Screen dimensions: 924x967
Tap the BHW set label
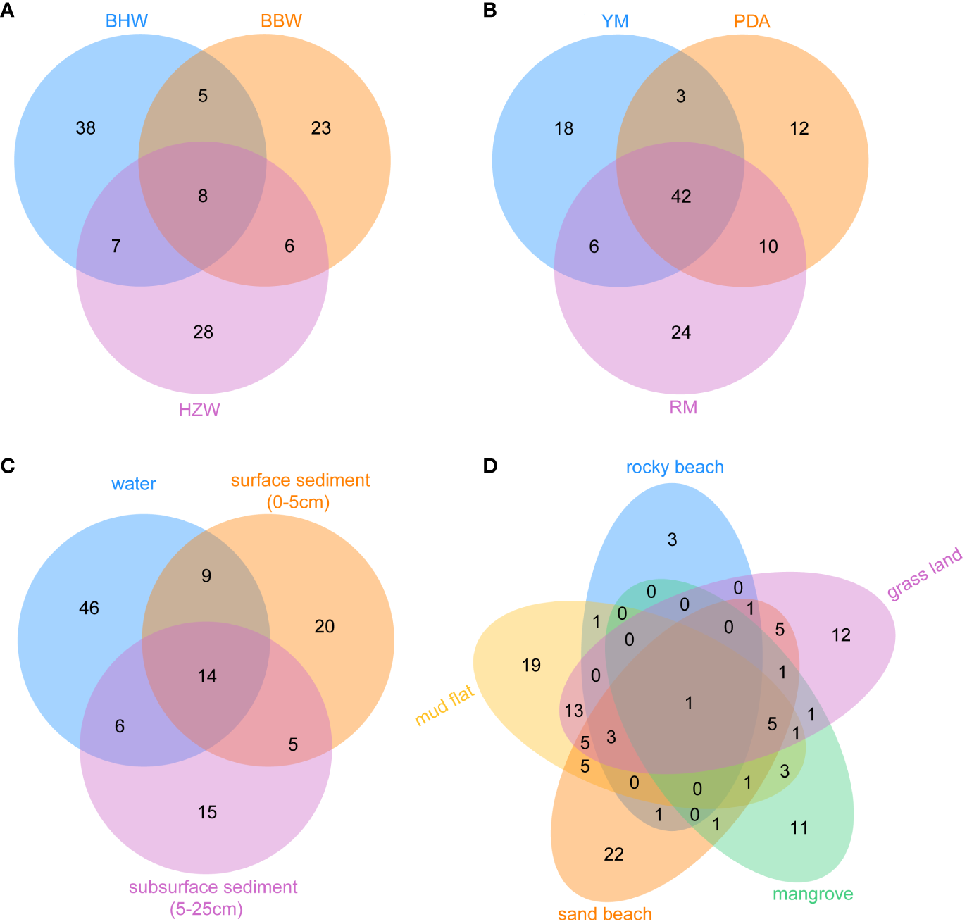tap(127, 20)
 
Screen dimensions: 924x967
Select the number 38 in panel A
tap(86, 128)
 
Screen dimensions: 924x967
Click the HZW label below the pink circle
tap(199, 410)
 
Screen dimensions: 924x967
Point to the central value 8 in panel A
tap(203, 196)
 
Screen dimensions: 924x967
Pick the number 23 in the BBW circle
tap(321, 128)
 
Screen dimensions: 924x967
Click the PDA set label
tap(751, 22)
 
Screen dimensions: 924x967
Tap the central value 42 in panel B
tap(681, 196)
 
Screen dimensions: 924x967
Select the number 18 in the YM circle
tap(564, 129)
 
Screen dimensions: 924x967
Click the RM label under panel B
tap(683, 408)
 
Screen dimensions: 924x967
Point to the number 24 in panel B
tap(681, 332)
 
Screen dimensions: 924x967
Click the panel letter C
tap(7, 466)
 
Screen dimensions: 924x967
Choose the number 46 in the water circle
tap(89, 608)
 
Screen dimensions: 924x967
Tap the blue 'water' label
tap(134, 485)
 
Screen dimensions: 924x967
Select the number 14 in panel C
tap(207, 677)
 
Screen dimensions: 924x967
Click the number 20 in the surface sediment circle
tap(325, 627)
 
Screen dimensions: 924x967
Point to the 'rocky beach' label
tap(675, 468)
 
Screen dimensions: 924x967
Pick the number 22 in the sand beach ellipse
tap(614, 855)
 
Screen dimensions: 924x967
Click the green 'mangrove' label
tap(813, 894)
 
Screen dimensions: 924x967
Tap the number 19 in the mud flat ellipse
tap(532, 666)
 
